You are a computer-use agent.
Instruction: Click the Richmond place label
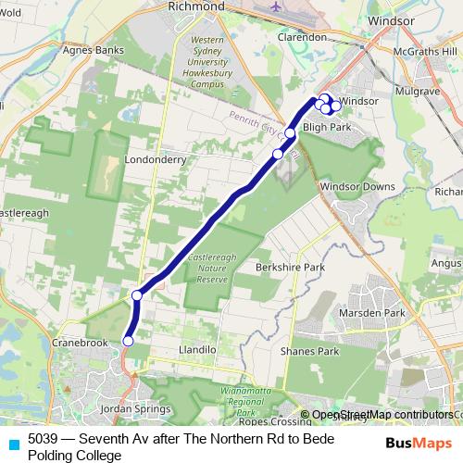[x=196, y=6]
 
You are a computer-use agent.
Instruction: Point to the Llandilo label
[x=195, y=350]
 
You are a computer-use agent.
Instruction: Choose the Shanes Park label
[x=313, y=351]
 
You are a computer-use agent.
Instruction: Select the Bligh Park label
[x=329, y=127]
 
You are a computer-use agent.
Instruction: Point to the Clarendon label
[x=302, y=37]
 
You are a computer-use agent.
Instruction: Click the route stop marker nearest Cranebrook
[x=128, y=342]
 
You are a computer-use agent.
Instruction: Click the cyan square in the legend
[x=13, y=442]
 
